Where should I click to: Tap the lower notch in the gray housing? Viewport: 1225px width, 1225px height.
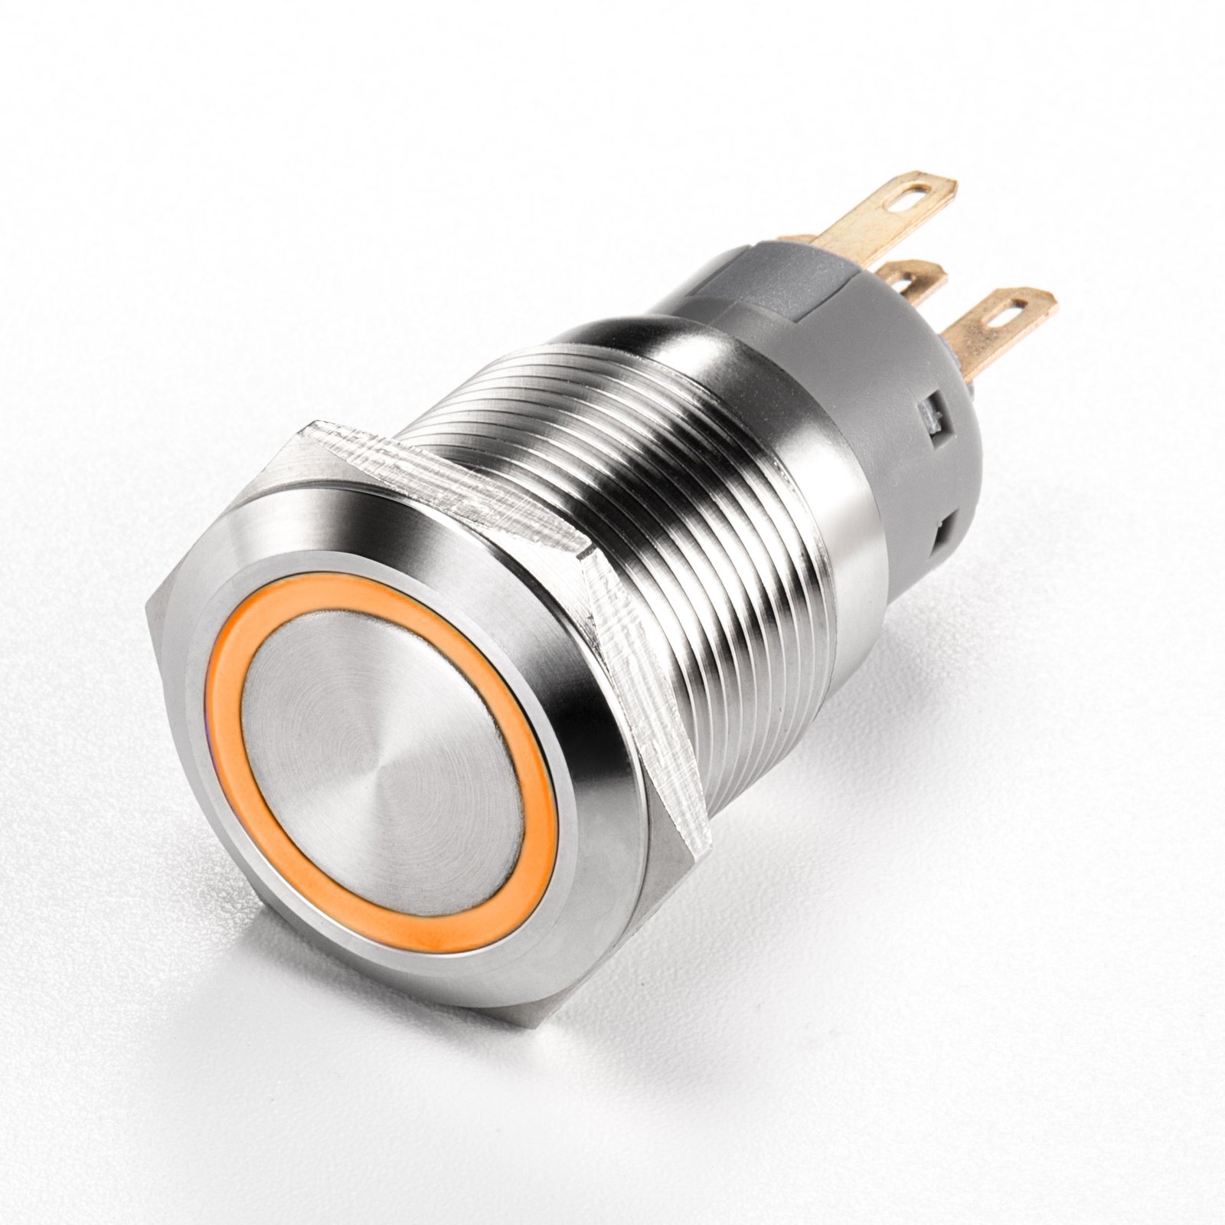(946, 531)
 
